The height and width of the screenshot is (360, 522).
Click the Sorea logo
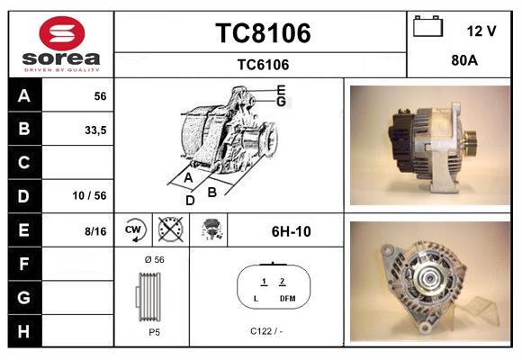(60, 43)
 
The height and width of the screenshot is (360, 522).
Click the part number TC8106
(262, 33)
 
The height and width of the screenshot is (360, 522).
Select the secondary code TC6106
(262, 64)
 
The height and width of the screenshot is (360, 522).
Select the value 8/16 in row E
(94, 231)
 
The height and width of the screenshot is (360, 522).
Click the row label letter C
(23, 163)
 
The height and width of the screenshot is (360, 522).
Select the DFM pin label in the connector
(286, 298)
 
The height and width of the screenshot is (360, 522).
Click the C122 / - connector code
(267, 330)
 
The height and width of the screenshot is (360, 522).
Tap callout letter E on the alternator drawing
(281, 89)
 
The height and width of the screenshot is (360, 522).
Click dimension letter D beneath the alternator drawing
(191, 200)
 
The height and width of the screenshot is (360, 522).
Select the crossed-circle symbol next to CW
(169, 230)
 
